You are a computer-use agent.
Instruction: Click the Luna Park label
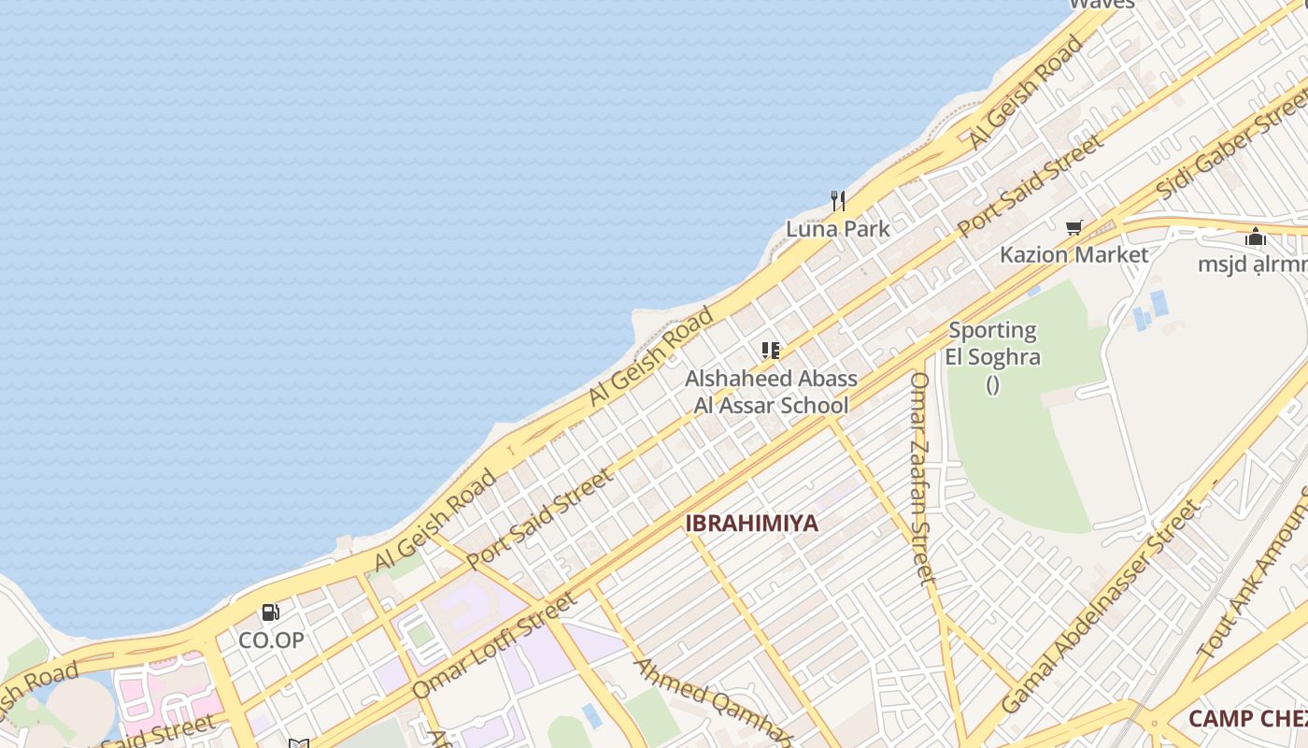click(x=837, y=228)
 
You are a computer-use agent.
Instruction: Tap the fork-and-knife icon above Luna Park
click(x=838, y=200)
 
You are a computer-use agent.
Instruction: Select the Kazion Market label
click(x=1073, y=254)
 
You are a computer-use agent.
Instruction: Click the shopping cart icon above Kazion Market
click(x=1074, y=227)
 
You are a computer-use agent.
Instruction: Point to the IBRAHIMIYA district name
click(x=751, y=524)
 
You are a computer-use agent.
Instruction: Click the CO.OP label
click(x=271, y=640)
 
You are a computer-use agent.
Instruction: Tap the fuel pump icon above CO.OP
click(x=271, y=612)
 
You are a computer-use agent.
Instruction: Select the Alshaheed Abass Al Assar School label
click(x=771, y=392)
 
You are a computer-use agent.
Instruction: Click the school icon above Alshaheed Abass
click(x=771, y=351)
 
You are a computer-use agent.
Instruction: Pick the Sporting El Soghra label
click(x=992, y=344)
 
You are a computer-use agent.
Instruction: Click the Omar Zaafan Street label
click(x=922, y=478)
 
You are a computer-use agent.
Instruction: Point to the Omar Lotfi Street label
click(x=494, y=645)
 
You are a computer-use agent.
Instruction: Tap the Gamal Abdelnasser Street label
click(x=1099, y=606)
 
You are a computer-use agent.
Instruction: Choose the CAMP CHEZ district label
click(x=1247, y=719)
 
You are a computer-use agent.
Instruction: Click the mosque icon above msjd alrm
click(x=1256, y=237)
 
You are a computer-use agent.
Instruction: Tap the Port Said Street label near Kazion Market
click(x=1031, y=187)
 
